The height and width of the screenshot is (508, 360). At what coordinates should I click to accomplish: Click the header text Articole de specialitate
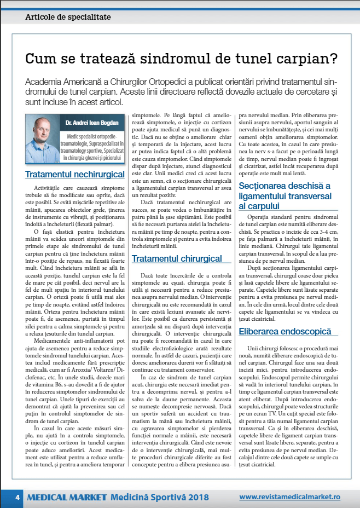click(x=68, y=17)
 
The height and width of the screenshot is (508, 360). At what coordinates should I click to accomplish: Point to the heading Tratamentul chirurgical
click(x=177, y=258)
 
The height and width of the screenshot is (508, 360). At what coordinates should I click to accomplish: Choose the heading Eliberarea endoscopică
click(x=285, y=331)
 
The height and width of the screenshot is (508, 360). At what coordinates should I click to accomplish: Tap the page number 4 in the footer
click(x=18, y=497)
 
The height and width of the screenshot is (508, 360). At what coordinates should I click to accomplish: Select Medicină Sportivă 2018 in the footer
click(x=159, y=497)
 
